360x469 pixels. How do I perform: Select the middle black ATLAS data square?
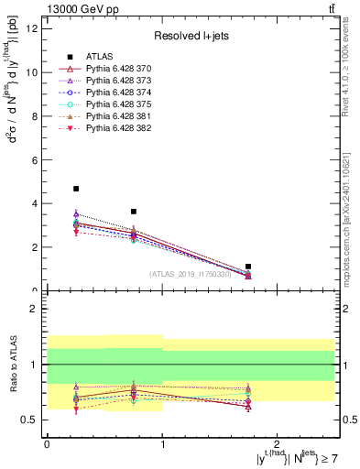coord(134,212)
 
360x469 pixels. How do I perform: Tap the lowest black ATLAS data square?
coord(248,267)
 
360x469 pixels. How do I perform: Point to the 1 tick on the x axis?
coord(162,443)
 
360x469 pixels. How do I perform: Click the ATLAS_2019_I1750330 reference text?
coord(191,273)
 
